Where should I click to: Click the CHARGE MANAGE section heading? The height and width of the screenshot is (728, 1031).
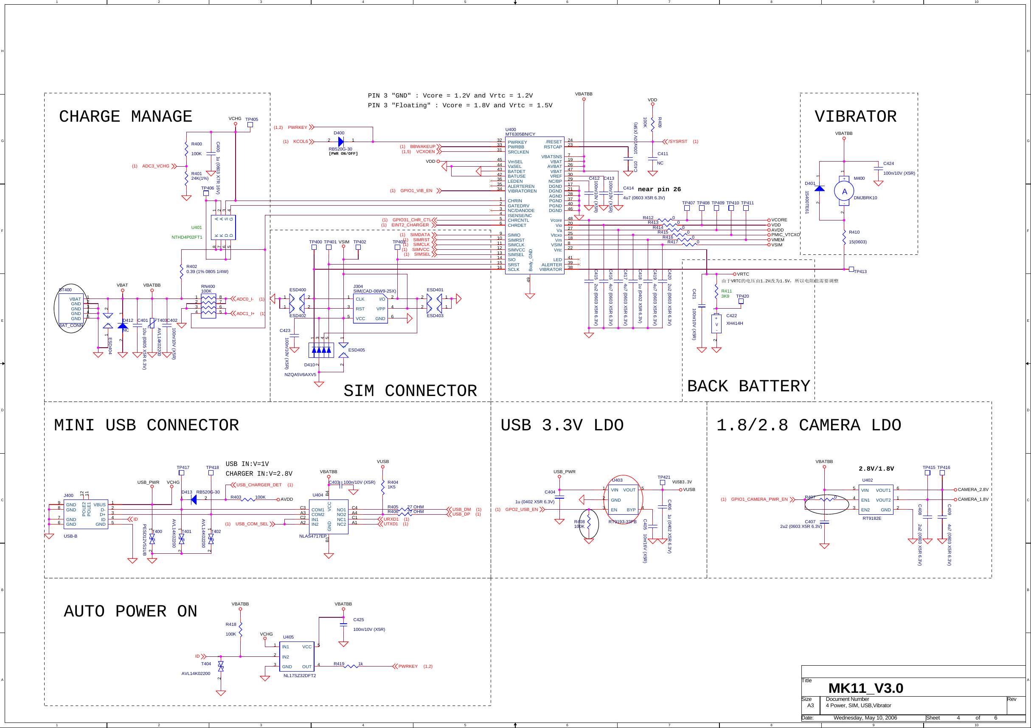[x=125, y=117]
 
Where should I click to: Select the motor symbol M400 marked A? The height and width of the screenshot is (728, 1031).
[x=844, y=192]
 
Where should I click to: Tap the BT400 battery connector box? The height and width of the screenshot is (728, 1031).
[x=71, y=308]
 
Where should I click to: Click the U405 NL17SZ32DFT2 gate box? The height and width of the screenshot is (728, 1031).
[x=296, y=656]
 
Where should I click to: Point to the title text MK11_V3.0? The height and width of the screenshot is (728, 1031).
[x=865, y=688]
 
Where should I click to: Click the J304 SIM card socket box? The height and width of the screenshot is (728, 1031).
[x=370, y=309]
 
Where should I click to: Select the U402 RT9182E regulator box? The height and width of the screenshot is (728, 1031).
[x=876, y=500]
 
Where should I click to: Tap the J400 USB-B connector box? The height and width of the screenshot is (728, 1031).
[x=86, y=514]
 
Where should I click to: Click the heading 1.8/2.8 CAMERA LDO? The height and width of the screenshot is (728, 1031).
[x=808, y=425]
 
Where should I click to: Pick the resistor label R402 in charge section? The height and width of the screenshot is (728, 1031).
[x=192, y=266]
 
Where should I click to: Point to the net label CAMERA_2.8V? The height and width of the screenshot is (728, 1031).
[x=973, y=489]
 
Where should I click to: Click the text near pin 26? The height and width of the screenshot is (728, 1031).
[x=659, y=189]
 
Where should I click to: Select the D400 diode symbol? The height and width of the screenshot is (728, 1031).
[x=341, y=142]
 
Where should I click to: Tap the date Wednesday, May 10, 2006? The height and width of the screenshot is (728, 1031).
[x=865, y=718]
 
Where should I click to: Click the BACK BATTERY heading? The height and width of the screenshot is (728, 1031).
[x=748, y=386]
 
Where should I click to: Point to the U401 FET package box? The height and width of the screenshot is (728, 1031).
[x=223, y=227]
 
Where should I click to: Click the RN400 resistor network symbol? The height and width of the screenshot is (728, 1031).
[x=208, y=305]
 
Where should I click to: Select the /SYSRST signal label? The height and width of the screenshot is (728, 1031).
[x=677, y=141]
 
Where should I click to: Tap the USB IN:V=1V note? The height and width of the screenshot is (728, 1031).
[x=247, y=464]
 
